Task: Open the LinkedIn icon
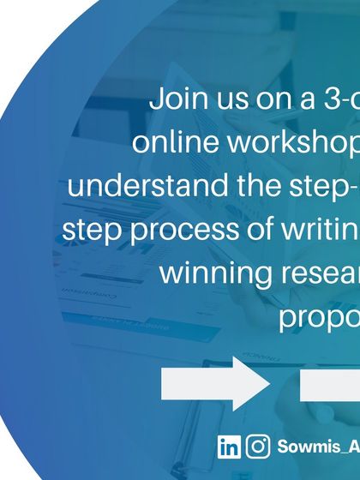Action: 229,447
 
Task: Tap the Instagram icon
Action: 258,447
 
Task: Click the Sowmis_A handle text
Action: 317,447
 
